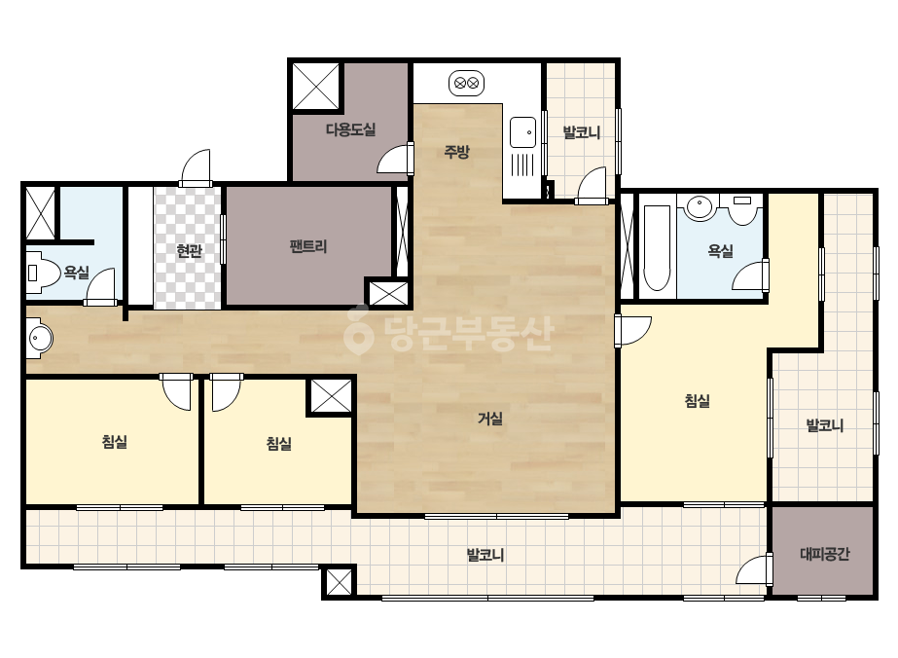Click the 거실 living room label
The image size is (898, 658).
(x=489, y=419)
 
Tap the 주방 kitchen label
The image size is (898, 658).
(x=456, y=152)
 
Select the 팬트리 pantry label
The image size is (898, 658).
(x=308, y=247)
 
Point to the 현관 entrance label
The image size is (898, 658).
(x=189, y=251)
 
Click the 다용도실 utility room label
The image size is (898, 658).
(x=350, y=129)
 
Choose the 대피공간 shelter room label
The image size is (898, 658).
(x=824, y=554)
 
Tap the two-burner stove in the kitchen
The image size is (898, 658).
(x=466, y=83)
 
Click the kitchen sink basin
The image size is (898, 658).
(x=522, y=132)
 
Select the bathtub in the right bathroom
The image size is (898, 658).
(x=657, y=247)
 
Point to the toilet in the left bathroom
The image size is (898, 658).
(x=43, y=273)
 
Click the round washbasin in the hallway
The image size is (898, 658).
(x=40, y=339)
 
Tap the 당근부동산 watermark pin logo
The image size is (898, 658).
(x=358, y=330)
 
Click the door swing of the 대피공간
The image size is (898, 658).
(x=752, y=569)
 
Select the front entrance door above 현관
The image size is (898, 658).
(x=196, y=167)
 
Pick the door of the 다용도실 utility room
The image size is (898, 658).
(x=395, y=159)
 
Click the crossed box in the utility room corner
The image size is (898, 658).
(x=316, y=86)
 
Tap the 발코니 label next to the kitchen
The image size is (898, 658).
(x=581, y=133)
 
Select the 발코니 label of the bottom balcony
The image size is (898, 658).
(x=485, y=555)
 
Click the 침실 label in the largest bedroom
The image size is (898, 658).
(x=697, y=401)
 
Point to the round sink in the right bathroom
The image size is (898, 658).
(x=699, y=207)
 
